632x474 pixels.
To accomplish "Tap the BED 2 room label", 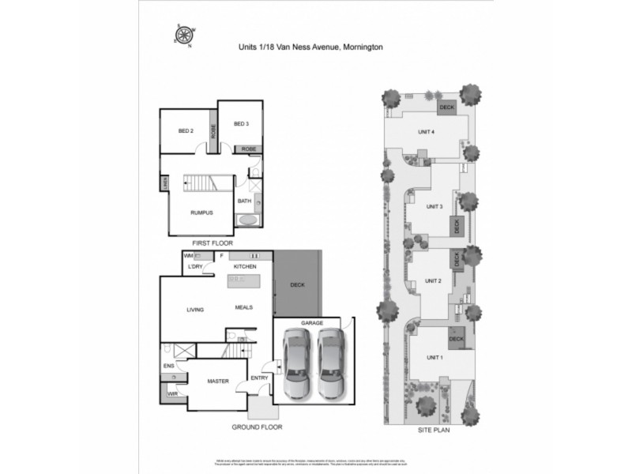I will pos(186,130).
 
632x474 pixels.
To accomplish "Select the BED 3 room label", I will pos(241,124).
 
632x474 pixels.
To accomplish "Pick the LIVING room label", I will pos(196,309).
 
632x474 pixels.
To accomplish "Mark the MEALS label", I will pos(244,307).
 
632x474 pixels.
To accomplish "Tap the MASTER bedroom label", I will pos(218,382).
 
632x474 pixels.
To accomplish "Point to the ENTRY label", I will pos(259,378).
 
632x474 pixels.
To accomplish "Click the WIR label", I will pos(171,393).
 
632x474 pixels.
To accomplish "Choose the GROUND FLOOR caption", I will pos(257,427).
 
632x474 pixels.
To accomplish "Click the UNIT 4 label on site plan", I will pos(427,132).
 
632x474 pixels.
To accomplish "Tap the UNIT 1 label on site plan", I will pos(434,357).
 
